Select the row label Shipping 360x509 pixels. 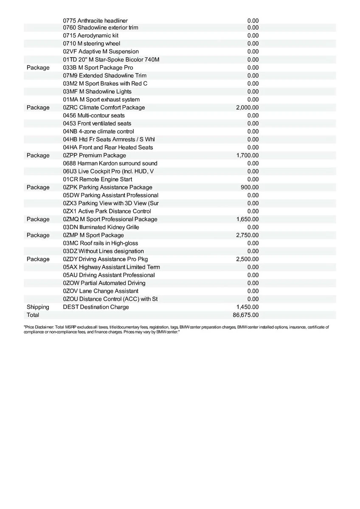(x=38, y=307)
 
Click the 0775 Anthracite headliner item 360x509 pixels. (x=95, y=20)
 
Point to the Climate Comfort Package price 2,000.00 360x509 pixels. (x=247, y=108)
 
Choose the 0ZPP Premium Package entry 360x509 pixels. (x=94, y=156)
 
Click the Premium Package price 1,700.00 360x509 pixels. (x=247, y=156)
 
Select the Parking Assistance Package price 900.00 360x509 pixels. (x=250, y=187)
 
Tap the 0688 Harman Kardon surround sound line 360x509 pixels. (x=110, y=164)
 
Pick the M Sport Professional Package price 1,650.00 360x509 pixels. (x=247, y=219)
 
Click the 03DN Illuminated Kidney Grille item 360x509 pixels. (x=101, y=227)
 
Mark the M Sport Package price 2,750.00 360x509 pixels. (x=247, y=235)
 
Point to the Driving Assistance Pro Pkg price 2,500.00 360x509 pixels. (x=247, y=259)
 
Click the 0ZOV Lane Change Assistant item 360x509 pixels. (x=101, y=291)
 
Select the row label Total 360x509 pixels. (x=33, y=315)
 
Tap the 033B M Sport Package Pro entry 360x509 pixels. (x=98, y=68)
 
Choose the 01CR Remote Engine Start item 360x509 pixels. (x=97, y=179)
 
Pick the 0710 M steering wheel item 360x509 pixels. (x=91, y=44)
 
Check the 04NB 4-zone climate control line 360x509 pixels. (x=98, y=131)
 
